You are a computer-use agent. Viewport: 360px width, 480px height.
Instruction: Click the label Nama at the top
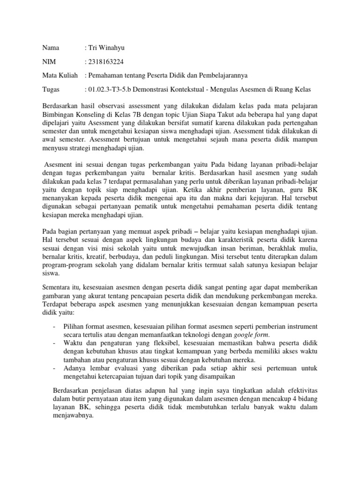pos(51,48)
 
